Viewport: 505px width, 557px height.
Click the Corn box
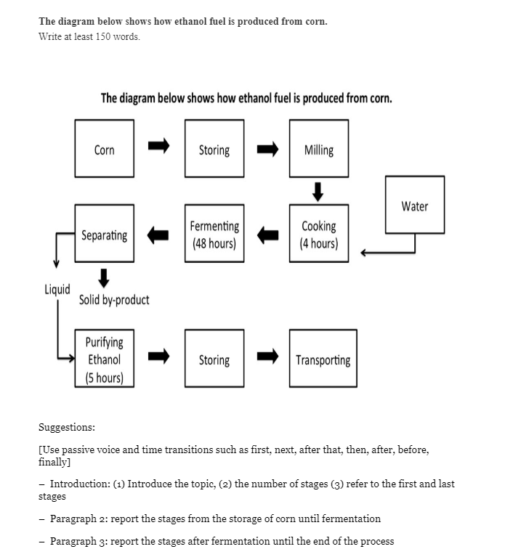tap(104, 150)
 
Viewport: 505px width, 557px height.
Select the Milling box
tap(318, 150)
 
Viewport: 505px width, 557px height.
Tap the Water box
tap(414, 206)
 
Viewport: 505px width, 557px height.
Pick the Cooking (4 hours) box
tap(318, 235)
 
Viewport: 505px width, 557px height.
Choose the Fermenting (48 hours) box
tap(214, 235)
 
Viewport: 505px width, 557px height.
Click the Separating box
tap(104, 235)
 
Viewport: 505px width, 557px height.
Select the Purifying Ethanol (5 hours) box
tap(104, 359)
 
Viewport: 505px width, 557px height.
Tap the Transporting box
tap(323, 359)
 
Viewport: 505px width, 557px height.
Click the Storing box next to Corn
tap(214, 150)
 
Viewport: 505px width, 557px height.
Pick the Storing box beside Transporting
tap(214, 359)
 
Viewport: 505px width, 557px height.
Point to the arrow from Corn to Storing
tap(158, 147)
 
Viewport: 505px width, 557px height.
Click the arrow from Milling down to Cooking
tap(318, 192)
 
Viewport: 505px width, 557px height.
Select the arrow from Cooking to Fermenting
tap(267, 235)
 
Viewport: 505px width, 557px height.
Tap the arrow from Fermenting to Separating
tap(158, 235)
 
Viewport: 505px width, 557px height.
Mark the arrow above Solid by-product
tap(104, 277)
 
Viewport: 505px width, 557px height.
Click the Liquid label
tap(57, 289)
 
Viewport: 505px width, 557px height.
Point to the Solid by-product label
tap(114, 300)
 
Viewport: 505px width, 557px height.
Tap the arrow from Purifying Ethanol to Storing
tap(158, 356)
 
